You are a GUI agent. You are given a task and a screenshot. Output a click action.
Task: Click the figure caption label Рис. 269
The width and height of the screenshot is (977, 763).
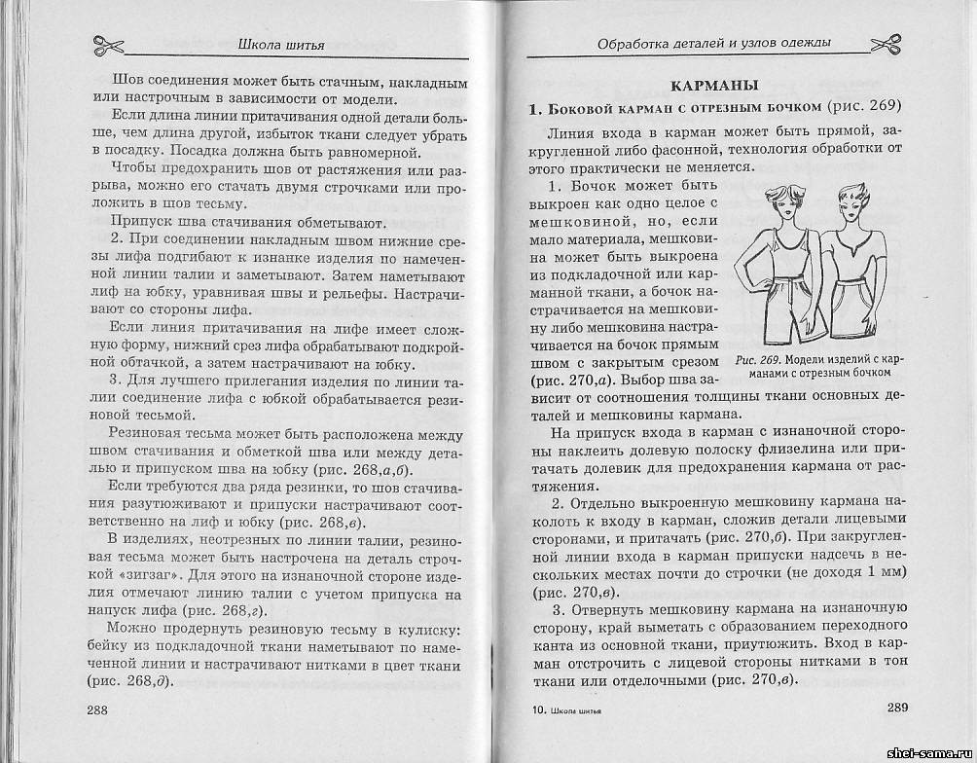coord(758,359)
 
